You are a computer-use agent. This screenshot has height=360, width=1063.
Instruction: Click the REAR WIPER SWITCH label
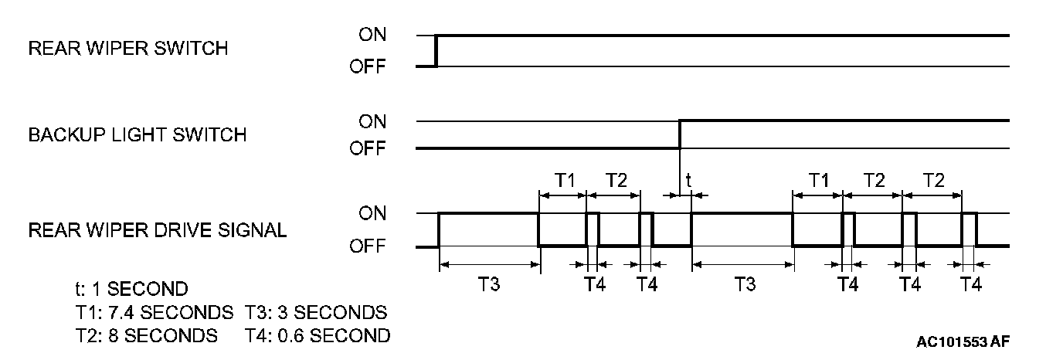128,49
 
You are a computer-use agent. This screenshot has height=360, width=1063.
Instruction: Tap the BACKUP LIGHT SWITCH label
138,135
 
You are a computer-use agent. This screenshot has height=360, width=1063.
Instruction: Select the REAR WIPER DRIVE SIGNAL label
158,230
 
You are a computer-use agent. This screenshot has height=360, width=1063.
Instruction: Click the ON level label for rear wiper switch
372,35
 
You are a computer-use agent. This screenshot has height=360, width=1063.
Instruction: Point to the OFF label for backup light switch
368,149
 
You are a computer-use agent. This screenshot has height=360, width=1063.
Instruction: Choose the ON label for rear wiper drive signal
372,213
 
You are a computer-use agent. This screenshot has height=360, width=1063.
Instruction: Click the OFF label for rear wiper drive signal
368,247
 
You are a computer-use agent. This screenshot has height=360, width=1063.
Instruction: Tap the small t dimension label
688,180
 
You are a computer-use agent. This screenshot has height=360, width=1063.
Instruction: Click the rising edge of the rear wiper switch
436,51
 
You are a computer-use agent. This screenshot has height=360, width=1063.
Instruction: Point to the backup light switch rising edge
680,134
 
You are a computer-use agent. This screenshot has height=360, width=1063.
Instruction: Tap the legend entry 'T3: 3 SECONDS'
316,313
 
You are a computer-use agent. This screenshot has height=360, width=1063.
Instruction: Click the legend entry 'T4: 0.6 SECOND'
318,336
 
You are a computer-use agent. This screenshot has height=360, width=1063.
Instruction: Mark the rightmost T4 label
970,284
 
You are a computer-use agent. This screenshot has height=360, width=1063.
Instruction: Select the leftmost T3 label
488,284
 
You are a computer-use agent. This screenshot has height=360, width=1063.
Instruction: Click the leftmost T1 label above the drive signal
564,180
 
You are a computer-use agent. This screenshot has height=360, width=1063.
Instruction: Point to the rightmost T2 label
933,180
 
